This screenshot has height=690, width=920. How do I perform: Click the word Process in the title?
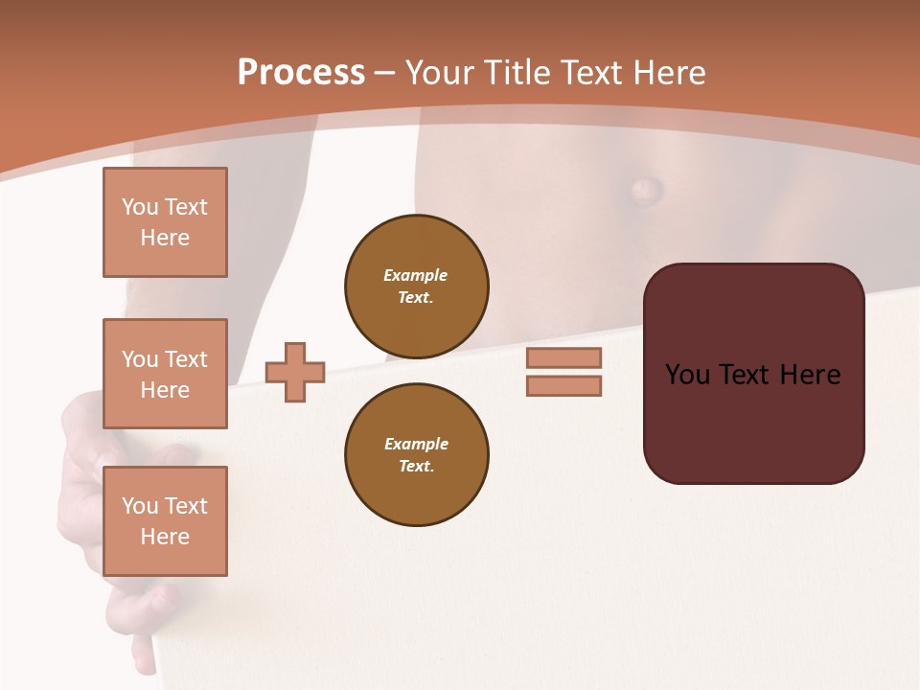click(301, 73)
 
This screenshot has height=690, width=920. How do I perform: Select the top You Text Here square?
click(165, 222)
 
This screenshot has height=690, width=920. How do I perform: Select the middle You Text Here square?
click(165, 374)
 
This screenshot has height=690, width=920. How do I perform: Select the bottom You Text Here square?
click(165, 520)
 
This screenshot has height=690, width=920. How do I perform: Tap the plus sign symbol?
click(295, 372)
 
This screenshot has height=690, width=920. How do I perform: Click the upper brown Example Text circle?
click(417, 287)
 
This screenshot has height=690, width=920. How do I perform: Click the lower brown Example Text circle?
click(417, 455)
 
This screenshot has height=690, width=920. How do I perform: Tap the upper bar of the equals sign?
click(563, 357)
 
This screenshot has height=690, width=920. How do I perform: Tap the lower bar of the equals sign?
click(563, 385)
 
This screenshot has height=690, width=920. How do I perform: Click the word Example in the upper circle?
click(416, 275)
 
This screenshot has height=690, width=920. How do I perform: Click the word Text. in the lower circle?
click(416, 467)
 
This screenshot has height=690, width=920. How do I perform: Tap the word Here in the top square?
click(165, 238)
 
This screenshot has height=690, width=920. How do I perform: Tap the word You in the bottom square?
click(139, 506)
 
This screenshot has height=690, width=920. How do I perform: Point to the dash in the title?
click(385, 74)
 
